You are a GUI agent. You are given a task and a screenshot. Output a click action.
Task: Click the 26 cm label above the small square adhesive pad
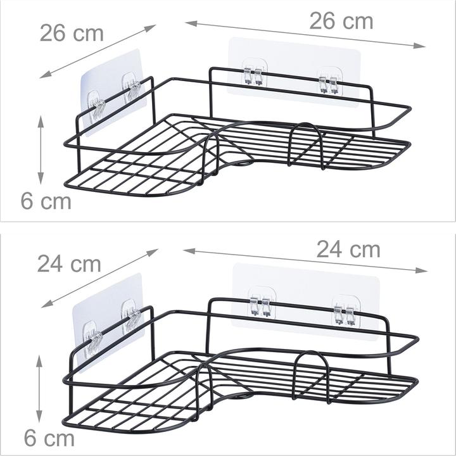tap(72, 32)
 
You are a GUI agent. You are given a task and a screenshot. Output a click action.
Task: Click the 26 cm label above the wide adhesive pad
tap(341, 21)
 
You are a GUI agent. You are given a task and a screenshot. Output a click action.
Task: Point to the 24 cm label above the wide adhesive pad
tap(348, 250)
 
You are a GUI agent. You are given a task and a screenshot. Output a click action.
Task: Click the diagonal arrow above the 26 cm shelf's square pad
tap(98, 51)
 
